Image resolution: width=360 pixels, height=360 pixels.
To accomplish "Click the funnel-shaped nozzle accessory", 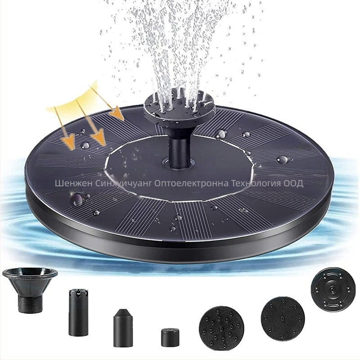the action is pyautogui.click(x=30, y=290).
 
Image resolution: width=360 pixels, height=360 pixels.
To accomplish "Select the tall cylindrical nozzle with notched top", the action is pyautogui.click(x=78, y=313).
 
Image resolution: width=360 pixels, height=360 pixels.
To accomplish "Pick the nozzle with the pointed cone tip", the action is pyautogui.click(x=123, y=328).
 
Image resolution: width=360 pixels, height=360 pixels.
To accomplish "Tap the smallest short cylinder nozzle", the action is pyautogui.click(x=170, y=338).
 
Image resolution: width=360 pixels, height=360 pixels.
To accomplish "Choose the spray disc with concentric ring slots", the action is pyautogui.click(x=333, y=290).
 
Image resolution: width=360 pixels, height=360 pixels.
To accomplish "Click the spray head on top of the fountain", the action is pyautogui.click(x=179, y=106).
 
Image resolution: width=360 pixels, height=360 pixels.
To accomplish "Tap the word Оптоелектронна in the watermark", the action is pyautogui.click(x=191, y=184).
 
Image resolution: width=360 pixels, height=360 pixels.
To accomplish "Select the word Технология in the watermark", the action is pyautogui.click(x=256, y=184).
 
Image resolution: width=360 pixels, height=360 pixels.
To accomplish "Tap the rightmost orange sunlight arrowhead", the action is pyautogui.click(x=117, y=113).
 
